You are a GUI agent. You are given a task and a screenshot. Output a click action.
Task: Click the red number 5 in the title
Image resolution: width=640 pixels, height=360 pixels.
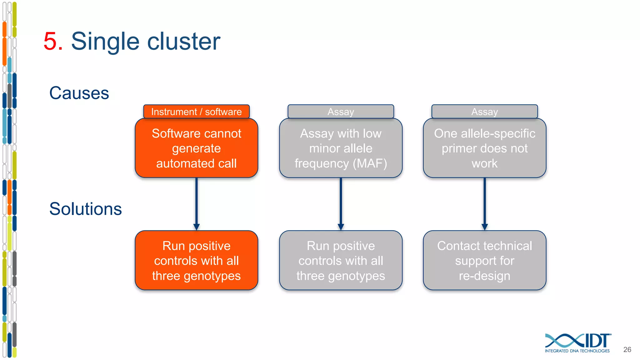point(52,41)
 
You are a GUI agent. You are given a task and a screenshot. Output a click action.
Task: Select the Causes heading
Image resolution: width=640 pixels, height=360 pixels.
point(79,93)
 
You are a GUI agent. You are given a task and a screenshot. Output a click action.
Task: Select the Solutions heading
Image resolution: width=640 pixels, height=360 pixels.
point(85,209)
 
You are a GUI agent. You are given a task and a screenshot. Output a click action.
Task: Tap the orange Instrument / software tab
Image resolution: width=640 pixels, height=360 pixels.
point(196,112)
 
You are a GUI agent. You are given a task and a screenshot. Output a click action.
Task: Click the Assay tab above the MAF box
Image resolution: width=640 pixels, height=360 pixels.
point(341,112)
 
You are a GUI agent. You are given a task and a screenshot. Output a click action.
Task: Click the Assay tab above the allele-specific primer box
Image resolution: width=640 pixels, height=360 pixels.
point(484,112)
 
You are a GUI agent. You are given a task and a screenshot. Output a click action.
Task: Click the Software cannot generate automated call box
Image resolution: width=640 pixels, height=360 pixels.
point(196,148)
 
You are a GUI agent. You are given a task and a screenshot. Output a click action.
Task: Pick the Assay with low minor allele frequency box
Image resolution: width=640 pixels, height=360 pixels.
point(341,148)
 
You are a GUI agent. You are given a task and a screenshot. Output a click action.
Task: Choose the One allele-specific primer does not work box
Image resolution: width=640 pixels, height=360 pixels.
point(484,148)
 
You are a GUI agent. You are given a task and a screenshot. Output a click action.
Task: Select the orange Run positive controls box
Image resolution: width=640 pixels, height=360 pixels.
point(196,261)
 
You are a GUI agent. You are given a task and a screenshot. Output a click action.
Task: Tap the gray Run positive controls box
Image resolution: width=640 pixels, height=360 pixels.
point(341,261)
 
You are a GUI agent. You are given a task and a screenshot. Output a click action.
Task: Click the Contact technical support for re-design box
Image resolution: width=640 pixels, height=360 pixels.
point(484,261)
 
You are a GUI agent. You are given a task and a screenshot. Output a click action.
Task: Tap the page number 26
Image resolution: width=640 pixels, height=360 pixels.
point(627,350)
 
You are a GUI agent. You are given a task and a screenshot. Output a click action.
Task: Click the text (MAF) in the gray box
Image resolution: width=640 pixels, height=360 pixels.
point(370,163)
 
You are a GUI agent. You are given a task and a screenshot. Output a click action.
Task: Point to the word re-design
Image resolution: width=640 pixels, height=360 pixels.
point(484,276)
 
